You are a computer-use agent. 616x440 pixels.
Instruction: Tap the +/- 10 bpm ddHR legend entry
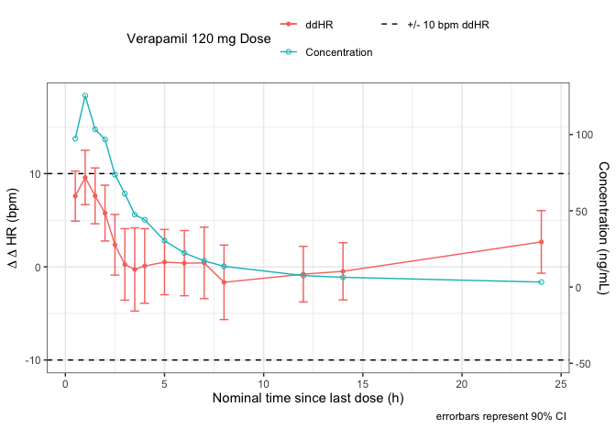447,23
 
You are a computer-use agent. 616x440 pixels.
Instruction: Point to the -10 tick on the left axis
32,360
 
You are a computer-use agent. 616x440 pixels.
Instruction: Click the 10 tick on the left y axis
35,173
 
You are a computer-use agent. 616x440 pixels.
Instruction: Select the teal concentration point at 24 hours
541,282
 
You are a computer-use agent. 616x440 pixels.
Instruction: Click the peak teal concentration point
85,95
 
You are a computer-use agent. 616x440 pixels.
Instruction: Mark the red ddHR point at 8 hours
224,282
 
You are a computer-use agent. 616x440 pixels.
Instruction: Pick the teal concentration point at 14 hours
343,278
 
